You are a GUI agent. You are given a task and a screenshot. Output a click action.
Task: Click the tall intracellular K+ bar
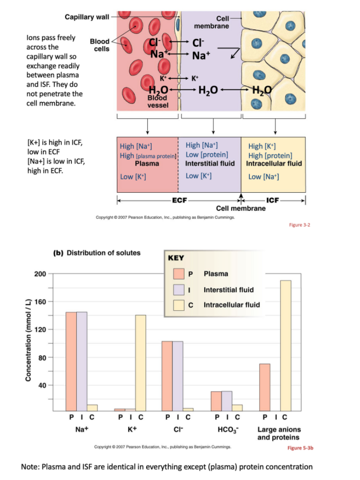pos(140,362)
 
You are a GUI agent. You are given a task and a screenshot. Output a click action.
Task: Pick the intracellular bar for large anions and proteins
pos(286,345)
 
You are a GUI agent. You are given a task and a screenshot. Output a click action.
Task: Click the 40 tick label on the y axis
pos(43,385)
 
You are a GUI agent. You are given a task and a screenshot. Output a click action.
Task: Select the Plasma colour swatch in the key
pos(178,274)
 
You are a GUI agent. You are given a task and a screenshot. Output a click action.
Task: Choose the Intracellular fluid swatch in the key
pos(178,305)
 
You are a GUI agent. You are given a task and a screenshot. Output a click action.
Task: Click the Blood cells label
pos(99,45)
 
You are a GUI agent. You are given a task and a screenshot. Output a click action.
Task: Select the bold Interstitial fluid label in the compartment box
pos(210,164)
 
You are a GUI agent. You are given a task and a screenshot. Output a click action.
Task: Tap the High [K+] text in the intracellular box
pos(263,146)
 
